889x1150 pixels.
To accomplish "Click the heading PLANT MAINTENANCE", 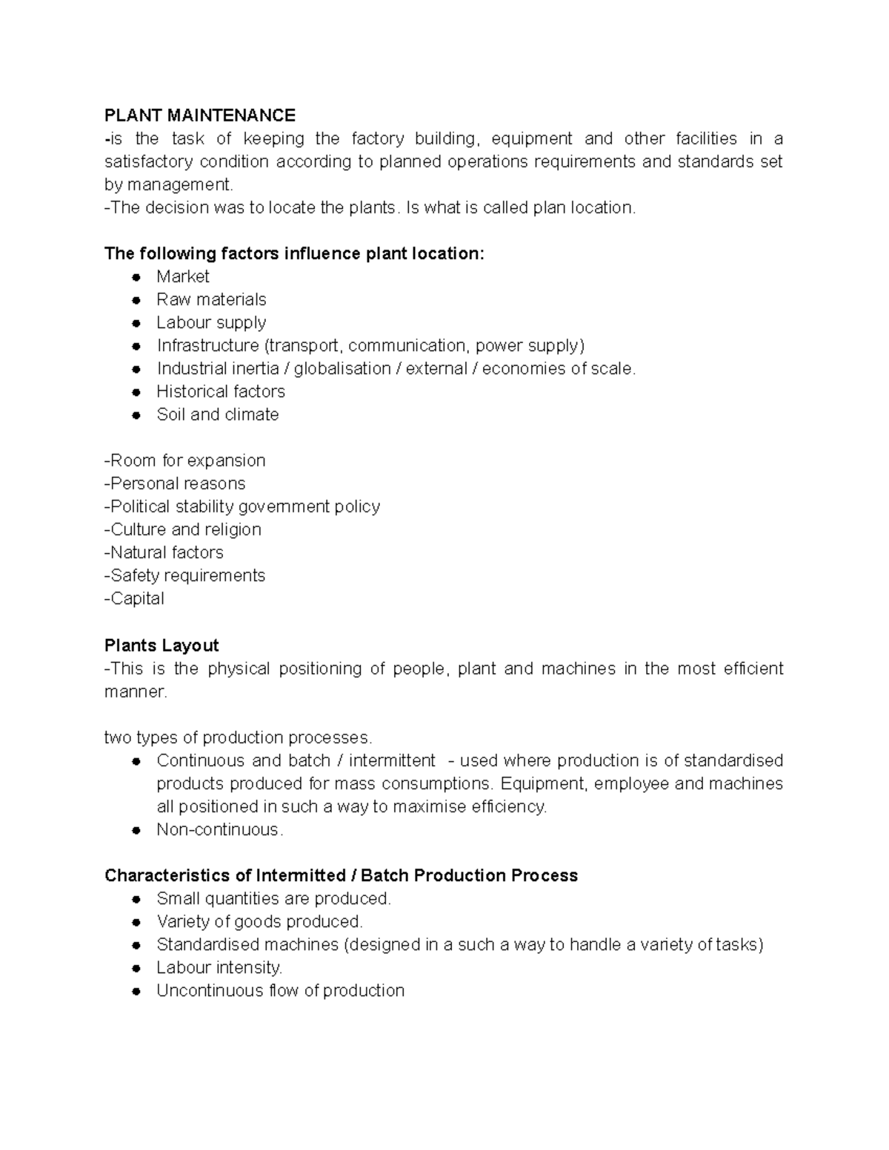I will coord(200,116).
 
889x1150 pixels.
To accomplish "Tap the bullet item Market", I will coord(183,277).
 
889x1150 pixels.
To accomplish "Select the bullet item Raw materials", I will coord(211,300).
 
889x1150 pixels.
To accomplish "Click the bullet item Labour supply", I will coord(211,323).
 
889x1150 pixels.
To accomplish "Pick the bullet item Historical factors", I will coord(221,392).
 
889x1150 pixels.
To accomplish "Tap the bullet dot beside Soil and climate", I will coord(136,415).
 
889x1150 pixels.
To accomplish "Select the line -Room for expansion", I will coord(185,461).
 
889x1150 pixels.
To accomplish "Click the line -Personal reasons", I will coord(175,484).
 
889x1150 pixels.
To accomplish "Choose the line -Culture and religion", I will coord(183,529).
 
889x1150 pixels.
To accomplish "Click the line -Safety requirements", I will coord(185,575).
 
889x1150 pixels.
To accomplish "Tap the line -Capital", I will coord(134,598).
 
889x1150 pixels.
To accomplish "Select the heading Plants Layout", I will coord(162,646).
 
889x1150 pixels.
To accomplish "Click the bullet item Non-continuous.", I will coord(220,830).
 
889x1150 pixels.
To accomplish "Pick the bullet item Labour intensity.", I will coord(219,968).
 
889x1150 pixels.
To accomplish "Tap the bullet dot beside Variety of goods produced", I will coord(136,923).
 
